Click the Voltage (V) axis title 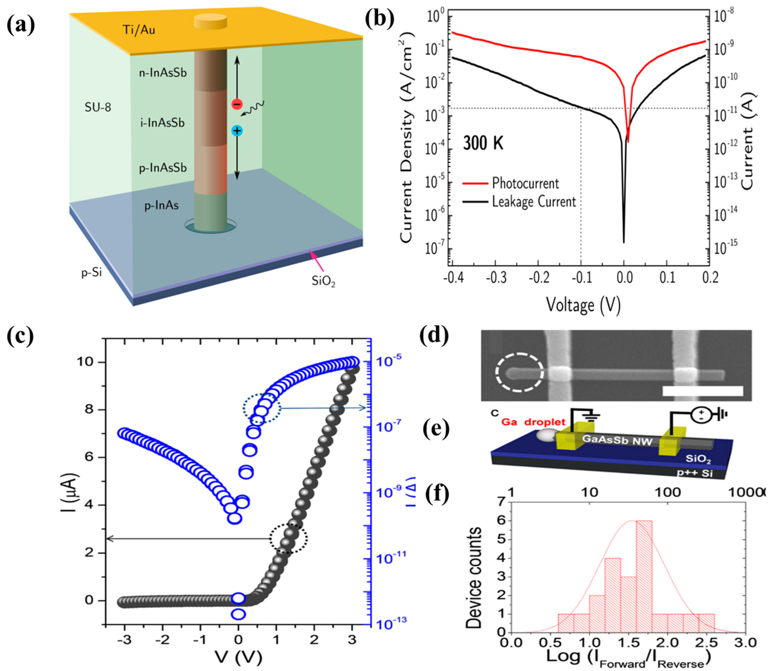pyautogui.click(x=583, y=304)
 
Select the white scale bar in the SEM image pyautogui.click(x=702, y=391)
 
